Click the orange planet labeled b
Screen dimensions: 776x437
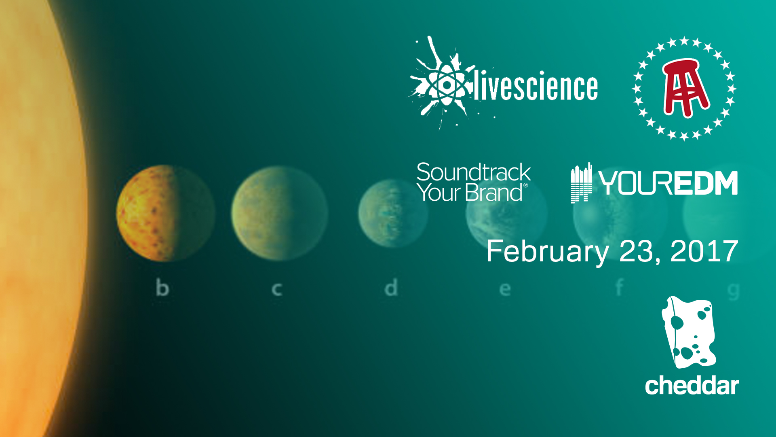point(166,213)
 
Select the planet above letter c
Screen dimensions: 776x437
point(280,213)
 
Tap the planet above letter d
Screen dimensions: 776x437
point(393,213)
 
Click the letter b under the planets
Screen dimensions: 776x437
point(162,288)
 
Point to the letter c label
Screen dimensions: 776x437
point(276,290)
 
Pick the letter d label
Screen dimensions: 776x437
point(391,288)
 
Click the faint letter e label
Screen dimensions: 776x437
point(505,290)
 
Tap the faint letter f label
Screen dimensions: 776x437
point(619,288)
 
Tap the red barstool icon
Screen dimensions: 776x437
point(685,88)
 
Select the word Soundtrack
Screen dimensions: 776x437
point(474,172)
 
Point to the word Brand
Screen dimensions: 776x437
point(494,193)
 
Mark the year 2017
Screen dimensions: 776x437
point(704,251)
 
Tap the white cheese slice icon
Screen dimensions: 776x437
point(689,332)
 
